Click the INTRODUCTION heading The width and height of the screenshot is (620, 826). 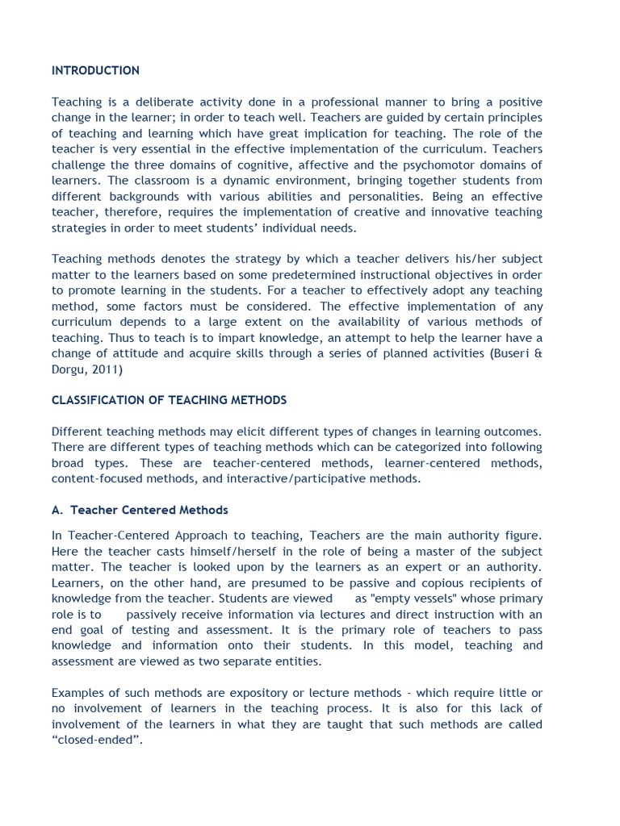95,71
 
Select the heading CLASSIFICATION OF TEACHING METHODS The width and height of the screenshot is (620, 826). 169,401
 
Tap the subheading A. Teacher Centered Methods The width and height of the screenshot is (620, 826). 140,511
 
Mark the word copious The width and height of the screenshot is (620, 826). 429,583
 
